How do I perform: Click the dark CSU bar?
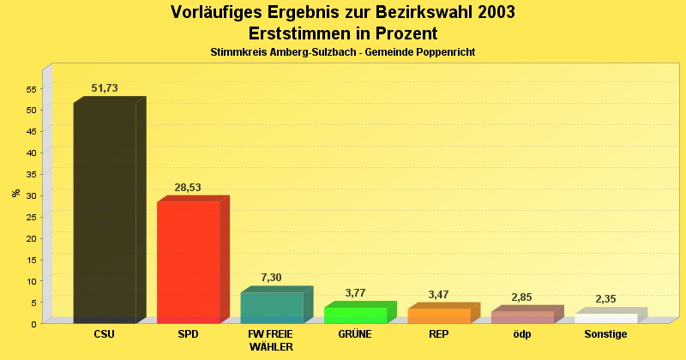click(105, 213)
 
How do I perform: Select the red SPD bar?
click(189, 261)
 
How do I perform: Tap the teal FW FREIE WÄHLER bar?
click(272, 307)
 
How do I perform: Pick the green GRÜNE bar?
click(355, 315)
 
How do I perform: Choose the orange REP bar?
click(438, 315)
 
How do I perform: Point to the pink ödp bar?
click(522, 317)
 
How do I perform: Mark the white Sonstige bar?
click(605, 318)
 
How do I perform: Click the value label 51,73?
click(105, 88)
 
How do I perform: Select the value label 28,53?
click(189, 187)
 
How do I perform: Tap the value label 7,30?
click(271, 277)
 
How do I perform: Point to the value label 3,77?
click(355, 292)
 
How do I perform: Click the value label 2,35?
click(605, 298)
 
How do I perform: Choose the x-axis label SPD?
click(188, 334)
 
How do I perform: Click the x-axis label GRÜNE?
click(355, 334)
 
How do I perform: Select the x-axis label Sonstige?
click(605, 334)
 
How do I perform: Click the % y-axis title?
click(15, 193)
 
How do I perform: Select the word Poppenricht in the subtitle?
click(445, 52)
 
